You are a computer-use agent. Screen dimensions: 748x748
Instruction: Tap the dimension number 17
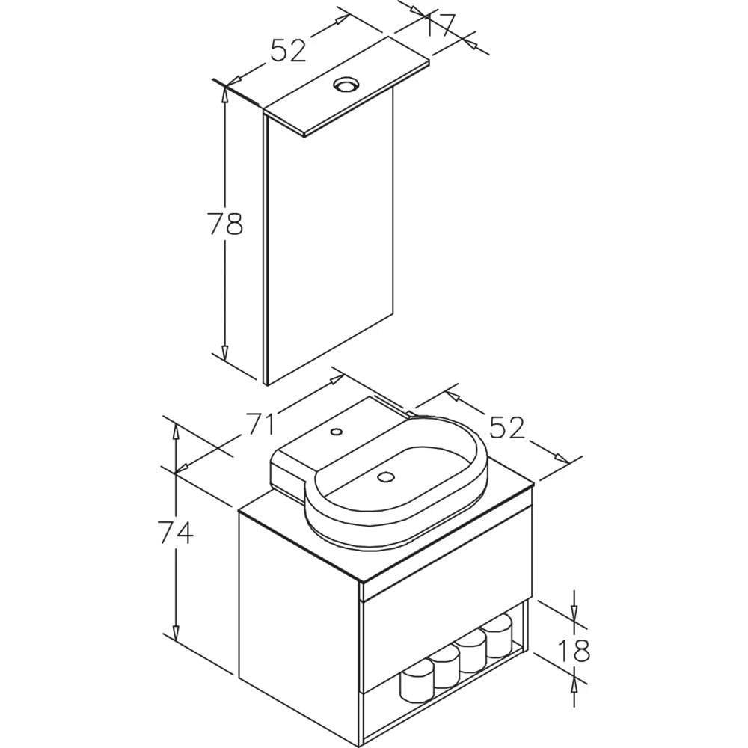pos(440,24)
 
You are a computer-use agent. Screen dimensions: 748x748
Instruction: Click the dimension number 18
pos(574,650)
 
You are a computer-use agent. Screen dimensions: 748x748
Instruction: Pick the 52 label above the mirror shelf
pos(288,50)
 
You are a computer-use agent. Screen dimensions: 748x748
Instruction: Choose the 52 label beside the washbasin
pos(506,427)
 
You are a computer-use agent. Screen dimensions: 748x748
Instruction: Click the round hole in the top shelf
pos(345,85)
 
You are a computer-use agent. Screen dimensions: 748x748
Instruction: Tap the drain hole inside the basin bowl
pos(385,476)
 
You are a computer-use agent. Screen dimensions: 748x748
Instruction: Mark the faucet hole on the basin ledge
pos(337,432)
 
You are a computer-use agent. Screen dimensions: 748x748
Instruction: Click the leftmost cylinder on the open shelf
pos(417,683)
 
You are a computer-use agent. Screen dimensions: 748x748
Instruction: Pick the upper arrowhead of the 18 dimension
pos(574,614)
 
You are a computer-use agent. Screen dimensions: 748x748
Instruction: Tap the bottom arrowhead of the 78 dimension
pos(225,352)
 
